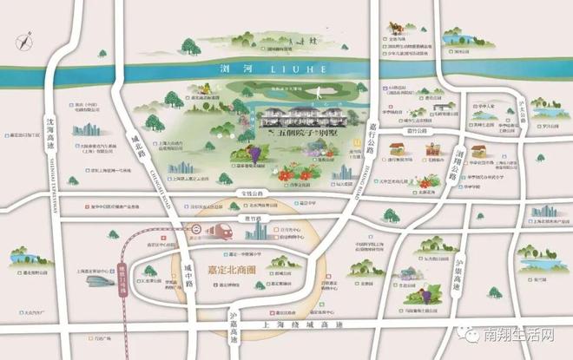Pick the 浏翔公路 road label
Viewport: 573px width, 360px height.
453,163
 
